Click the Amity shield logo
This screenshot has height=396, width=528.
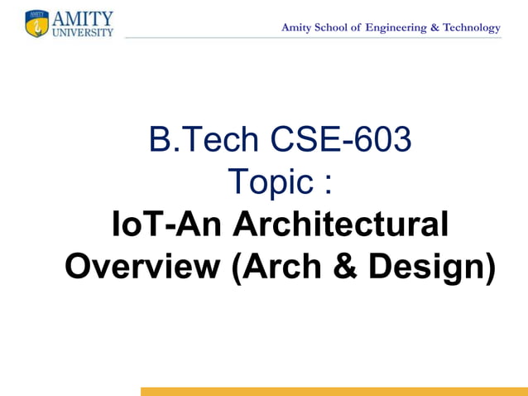click(37, 24)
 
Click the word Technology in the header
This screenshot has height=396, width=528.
click(472, 28)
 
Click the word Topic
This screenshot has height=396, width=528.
click(270, 182)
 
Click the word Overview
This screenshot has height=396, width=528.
click(142, 267)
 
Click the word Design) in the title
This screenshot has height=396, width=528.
click(431, 267)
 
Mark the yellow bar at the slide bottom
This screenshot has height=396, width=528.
click(334, 391)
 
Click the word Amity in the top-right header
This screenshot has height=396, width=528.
click(296, 28)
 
